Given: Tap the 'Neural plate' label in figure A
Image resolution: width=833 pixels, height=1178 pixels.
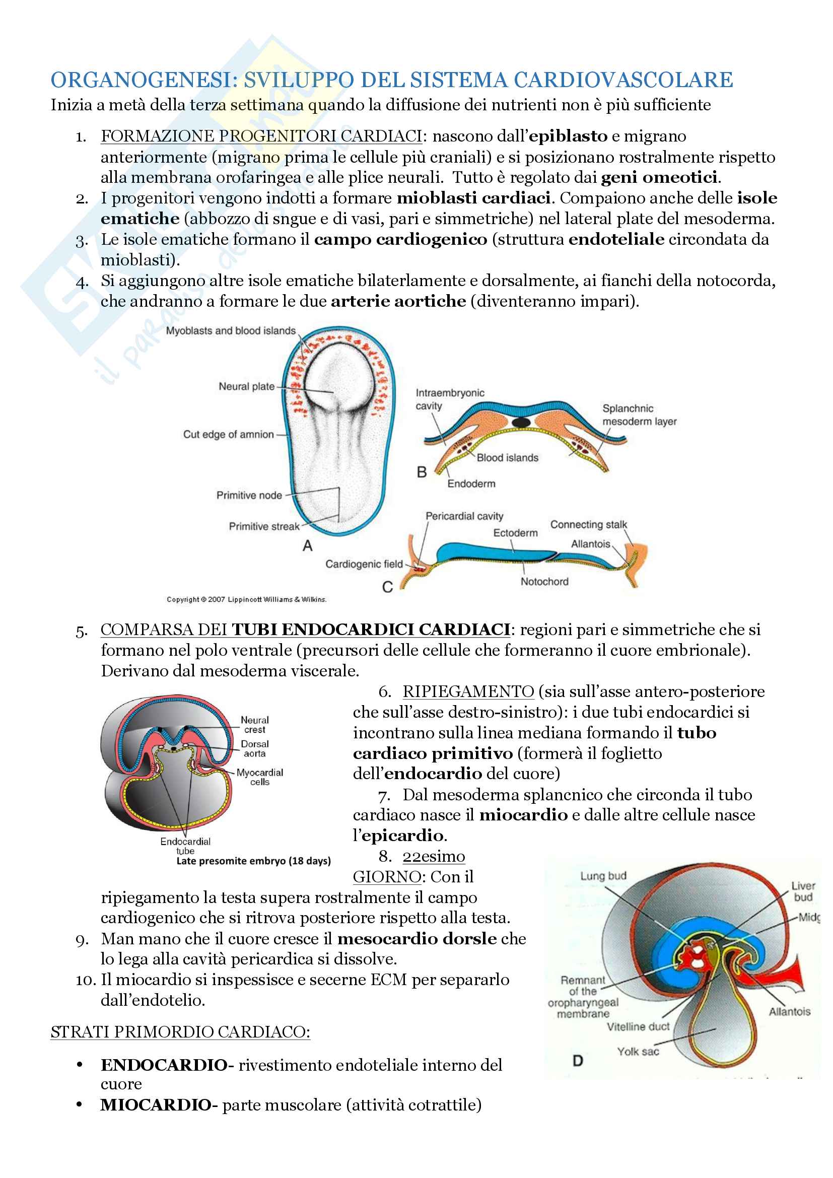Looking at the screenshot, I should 246,386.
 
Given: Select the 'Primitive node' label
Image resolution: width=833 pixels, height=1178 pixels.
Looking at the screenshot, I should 249,495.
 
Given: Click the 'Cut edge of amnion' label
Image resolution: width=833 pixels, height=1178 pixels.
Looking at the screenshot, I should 228,435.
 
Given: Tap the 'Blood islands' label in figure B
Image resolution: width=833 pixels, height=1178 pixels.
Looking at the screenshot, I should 507,458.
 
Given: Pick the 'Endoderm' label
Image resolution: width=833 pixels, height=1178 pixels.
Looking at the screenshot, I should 471,483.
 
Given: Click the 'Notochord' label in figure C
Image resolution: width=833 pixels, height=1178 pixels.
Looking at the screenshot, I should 544,581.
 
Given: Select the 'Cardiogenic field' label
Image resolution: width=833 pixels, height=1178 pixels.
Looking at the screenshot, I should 364,564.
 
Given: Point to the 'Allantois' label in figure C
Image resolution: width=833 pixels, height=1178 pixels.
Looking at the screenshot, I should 590,544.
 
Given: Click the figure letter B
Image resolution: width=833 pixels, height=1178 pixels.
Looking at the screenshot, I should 422,472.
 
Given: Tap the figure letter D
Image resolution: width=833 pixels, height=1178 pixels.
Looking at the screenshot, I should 578,1061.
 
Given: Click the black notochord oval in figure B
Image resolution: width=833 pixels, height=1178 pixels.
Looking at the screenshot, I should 521,422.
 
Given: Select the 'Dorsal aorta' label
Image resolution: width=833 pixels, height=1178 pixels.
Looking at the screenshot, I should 255,748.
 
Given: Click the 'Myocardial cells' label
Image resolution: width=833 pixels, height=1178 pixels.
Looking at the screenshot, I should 259,777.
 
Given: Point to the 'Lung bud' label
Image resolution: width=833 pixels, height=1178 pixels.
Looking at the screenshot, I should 603,876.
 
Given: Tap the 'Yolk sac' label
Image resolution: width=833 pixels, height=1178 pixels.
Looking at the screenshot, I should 638,1051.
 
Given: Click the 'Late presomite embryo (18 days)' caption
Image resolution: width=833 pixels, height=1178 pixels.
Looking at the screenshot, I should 253,860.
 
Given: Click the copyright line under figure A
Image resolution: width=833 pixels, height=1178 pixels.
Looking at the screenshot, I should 246,599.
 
